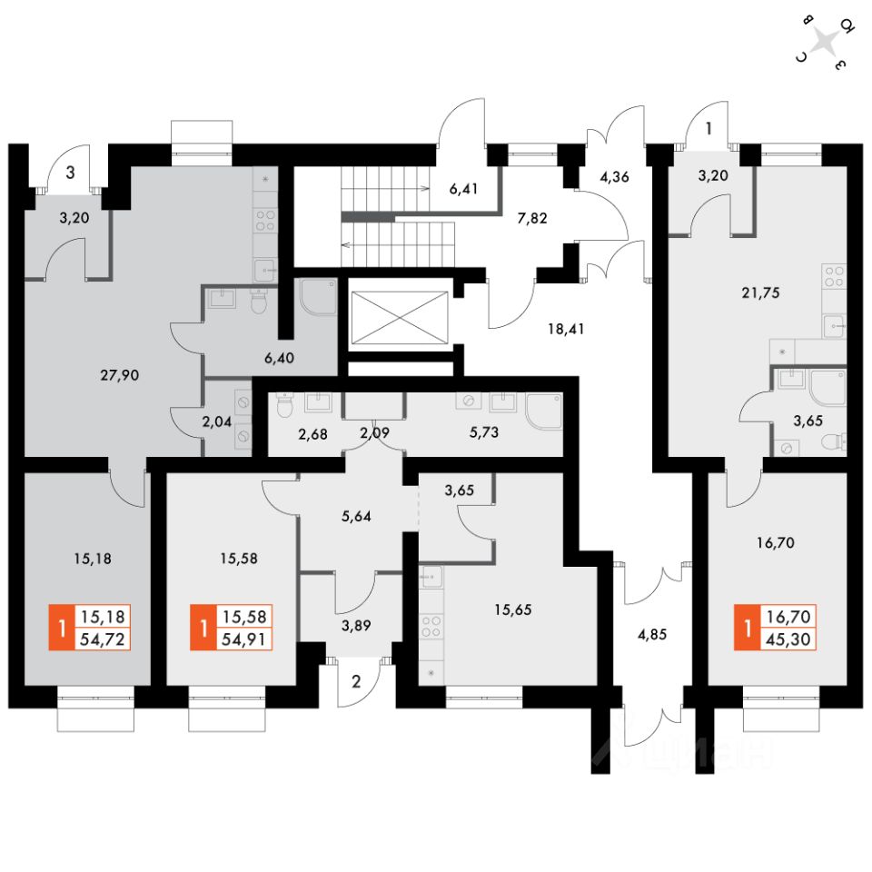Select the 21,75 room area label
759,292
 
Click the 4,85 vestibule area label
652,635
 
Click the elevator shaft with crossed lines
399,320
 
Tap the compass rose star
824,41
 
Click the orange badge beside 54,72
62,628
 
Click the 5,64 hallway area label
355,517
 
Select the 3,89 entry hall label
355,624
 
